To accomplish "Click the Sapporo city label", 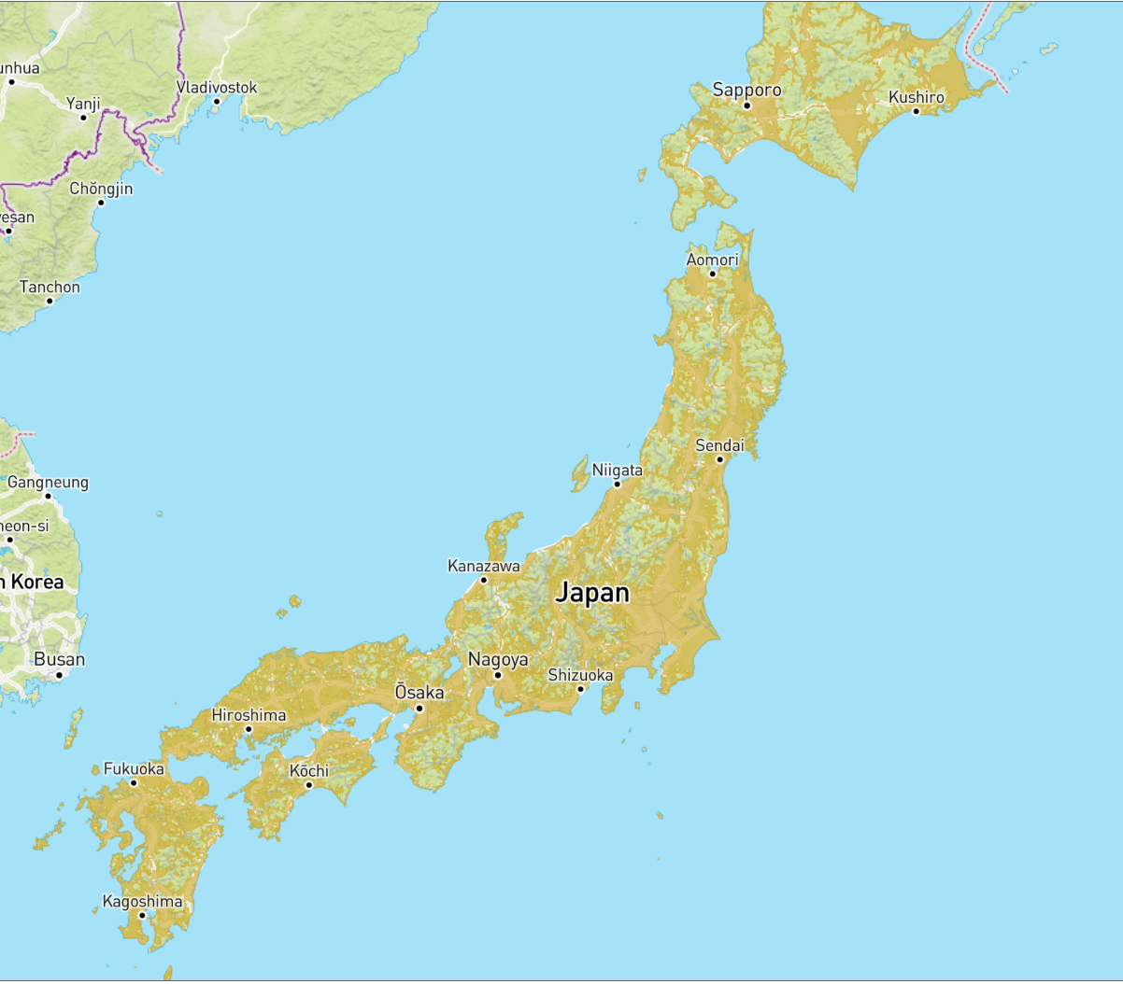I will point(746,90).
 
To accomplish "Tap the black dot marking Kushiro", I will point(916,111).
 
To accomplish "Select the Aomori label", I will point(712,260).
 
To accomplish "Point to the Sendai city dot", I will point(719,459).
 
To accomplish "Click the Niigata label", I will point(618,470).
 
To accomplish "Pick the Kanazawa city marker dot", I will point(484,580).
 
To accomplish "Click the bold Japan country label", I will point(592,593).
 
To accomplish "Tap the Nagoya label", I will point(498,659).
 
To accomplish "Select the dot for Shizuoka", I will point(580,689).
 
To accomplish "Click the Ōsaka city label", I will point(419,693).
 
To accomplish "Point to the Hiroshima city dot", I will point(249,729).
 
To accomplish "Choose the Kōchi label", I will point(309,770).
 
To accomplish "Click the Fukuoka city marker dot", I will point(134,782).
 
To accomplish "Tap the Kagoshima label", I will point(142,901).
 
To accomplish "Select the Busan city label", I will point(59,659).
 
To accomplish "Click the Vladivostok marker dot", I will point(216,102).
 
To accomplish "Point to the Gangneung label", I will point(48,482).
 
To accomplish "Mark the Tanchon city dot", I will point(50,301).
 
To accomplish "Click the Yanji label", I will point(83,104).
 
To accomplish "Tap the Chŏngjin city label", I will point(101,189).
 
